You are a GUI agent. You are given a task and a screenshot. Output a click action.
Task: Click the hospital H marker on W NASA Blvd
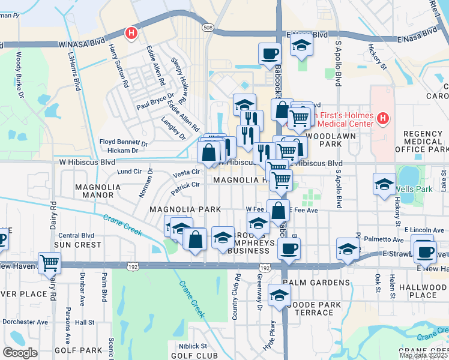130,34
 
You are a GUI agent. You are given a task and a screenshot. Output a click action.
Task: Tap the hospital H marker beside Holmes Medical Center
385,120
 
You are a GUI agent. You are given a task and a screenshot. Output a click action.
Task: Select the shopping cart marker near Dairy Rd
49,262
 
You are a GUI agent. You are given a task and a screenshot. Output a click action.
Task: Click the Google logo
20,353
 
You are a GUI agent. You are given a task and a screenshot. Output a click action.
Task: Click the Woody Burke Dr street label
19,75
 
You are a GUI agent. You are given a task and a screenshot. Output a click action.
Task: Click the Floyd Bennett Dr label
123,142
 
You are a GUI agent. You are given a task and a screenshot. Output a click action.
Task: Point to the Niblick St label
192,346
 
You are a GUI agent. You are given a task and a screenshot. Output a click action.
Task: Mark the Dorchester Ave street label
25,322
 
